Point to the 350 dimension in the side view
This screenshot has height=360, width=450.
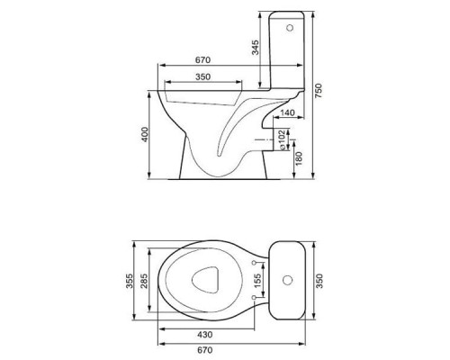[202, 78]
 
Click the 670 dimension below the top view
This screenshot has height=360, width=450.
[226, 349]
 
